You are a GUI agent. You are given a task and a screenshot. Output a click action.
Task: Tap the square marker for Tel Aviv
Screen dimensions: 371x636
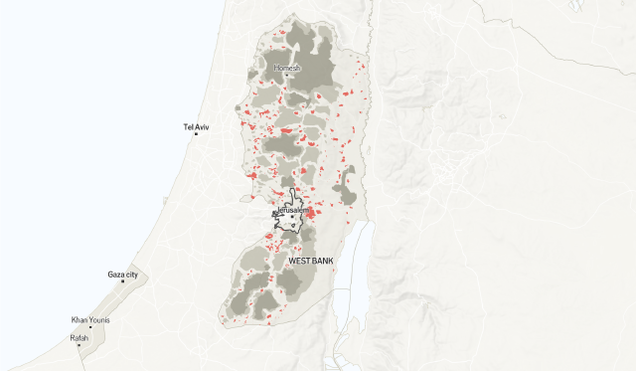click(196, 134)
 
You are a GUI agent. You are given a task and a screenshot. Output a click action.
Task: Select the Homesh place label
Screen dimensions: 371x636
click(286, 68)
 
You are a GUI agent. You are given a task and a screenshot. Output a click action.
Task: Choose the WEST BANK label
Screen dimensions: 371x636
click(310, 261)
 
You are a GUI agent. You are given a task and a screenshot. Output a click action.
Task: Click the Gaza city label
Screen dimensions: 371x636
click(123, 274)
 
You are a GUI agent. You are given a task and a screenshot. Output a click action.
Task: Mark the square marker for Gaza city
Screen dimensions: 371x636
click(122, 281)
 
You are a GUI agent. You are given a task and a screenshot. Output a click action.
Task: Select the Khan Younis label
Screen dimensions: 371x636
click(90, 319)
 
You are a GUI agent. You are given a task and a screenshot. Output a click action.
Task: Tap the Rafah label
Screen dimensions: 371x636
click(79, 338)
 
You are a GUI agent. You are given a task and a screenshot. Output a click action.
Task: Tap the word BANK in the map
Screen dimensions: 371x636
click(322, 261)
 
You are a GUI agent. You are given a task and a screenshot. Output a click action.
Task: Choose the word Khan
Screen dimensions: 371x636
click(79, 319)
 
